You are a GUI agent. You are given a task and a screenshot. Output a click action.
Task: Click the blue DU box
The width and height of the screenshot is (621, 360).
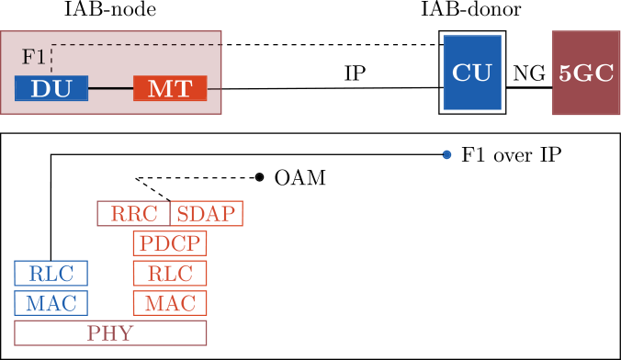[51, 88]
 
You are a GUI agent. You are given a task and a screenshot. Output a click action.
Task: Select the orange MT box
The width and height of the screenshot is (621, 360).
[170, 88]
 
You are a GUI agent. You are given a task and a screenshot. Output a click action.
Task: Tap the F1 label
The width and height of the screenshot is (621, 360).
[33, 57]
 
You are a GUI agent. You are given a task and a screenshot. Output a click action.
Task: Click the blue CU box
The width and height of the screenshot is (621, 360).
[472, 73]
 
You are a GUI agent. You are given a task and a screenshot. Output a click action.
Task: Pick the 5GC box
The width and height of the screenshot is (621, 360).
[586, 73]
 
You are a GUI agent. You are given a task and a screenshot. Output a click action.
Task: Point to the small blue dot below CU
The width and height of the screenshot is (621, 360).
[447, 154]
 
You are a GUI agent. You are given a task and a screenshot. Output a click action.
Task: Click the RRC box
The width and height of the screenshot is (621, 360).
[133, 214]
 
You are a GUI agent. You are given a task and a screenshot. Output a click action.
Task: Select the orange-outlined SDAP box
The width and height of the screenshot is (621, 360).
[207, 214]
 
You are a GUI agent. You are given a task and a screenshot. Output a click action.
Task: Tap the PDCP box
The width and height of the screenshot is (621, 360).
[170, 243]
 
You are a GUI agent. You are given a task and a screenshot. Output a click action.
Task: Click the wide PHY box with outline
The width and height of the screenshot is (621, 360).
[110, 332]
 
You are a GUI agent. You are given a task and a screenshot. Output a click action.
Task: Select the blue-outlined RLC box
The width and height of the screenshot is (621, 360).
[51, 273]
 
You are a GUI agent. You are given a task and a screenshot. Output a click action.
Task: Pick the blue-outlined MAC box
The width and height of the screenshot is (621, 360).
[51, 302]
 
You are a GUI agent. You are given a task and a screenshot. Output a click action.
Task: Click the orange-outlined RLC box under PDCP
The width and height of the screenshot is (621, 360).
[170, 273]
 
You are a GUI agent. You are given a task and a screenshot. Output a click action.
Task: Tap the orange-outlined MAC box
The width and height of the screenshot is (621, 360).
[170, 302]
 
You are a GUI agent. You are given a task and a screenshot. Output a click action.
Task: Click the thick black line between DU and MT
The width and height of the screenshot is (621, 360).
[110, 88]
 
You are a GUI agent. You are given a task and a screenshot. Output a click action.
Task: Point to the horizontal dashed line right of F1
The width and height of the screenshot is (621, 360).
[138, 44]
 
